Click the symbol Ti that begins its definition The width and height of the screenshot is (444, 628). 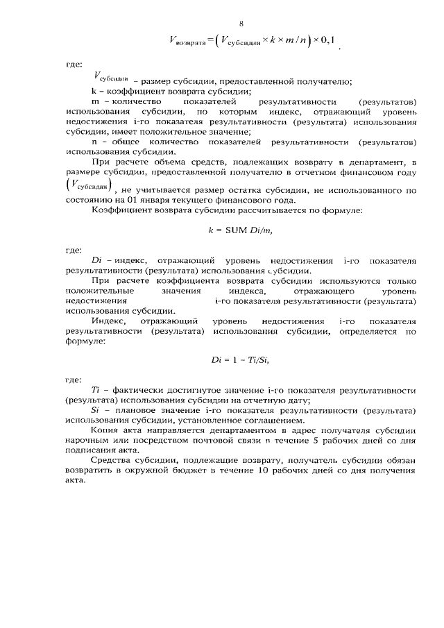coord(96,391)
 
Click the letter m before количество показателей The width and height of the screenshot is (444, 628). coord(95,101)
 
